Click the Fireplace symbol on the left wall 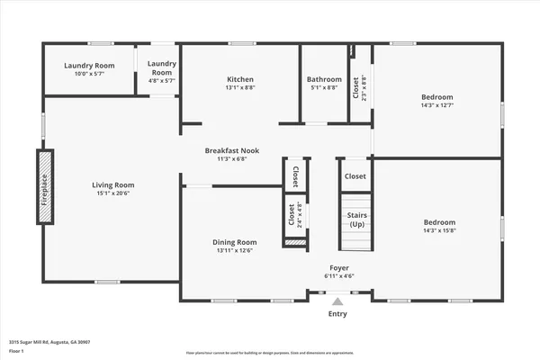pos(45,191)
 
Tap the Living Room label pos(112,184)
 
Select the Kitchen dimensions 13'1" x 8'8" pos(240,88)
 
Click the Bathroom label pos(324,79)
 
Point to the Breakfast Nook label pos(232,150)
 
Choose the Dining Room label pos(235,241)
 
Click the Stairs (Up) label pos(356,220)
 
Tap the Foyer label pos(338,267)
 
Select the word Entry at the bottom pos(338,313)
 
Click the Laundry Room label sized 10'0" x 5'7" pos(89,66)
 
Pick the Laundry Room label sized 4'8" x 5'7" pos(162,67)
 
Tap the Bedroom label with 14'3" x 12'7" pos(436,96)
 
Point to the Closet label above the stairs pos(355,176)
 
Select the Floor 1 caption pos(17,352)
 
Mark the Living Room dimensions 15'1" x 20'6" pos(112,193)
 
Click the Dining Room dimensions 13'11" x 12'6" pos(235,250)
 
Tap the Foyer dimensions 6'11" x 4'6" pos(338,276)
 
